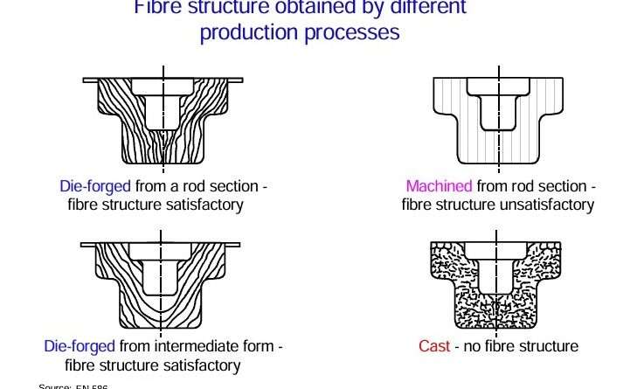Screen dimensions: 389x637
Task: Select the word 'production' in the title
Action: coord(246,33)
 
